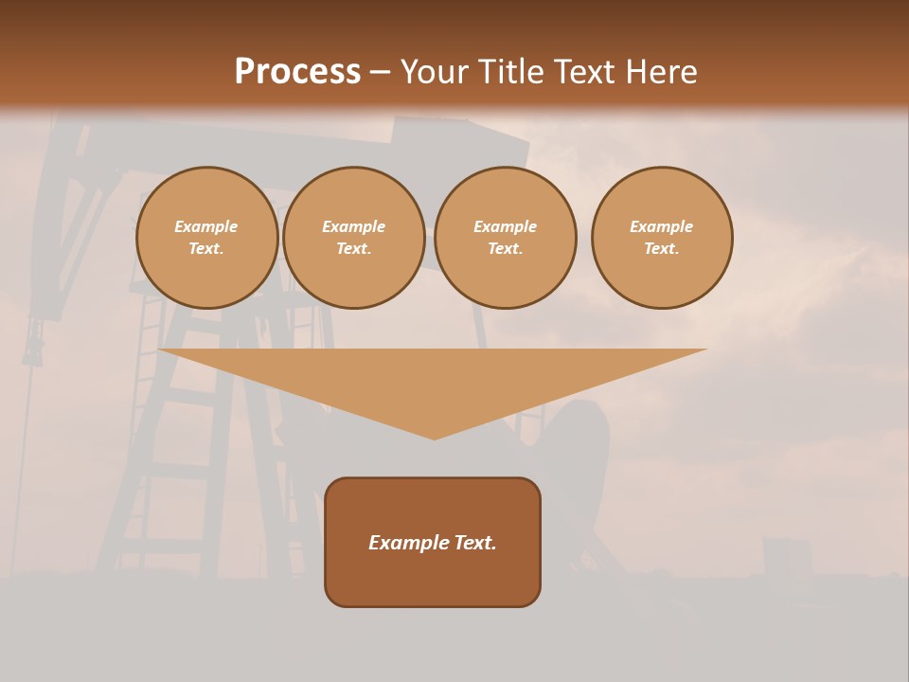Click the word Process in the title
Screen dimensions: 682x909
click(297, 72)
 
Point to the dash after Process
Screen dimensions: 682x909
click(380, 73)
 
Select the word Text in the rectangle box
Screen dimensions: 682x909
click(475, 543)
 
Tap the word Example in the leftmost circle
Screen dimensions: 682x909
click(206, 226)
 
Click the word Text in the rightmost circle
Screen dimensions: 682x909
click(661, 248)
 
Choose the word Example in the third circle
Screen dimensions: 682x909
click(505, 226)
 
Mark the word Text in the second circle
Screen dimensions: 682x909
click(352, 248)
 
